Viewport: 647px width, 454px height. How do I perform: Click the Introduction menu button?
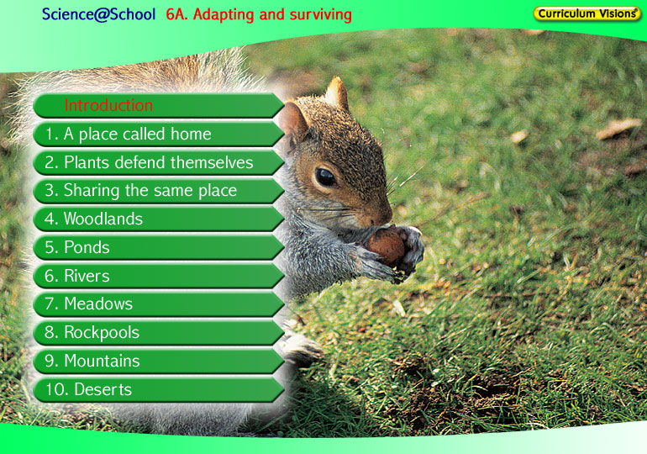(159, 106)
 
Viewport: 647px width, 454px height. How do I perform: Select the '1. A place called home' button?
(159, 135)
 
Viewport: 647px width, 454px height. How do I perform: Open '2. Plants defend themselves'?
(159, 162)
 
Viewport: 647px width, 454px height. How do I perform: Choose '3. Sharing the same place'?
(159, 191)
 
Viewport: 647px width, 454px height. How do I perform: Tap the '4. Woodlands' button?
(159, 219)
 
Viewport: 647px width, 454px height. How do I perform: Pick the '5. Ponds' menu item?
(159, 248)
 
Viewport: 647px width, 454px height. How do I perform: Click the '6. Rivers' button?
(159, 276)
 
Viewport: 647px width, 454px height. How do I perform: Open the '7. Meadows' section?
(159, 304)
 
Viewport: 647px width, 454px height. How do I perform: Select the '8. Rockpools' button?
(159, 333)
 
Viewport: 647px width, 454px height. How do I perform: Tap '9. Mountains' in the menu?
(159, 362)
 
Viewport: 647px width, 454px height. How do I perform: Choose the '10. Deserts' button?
(159, 389)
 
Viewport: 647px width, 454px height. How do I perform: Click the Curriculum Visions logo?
(587, 13)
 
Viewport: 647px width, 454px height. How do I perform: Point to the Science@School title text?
(98, 14)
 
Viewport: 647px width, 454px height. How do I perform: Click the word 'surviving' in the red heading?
(321, 15)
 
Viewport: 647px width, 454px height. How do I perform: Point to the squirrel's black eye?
(325, 177)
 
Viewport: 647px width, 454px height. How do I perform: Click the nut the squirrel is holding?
(386, 245)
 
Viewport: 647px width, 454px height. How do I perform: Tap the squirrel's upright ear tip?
(338, 81)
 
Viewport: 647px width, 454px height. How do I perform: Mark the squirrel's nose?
(386, 214)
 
